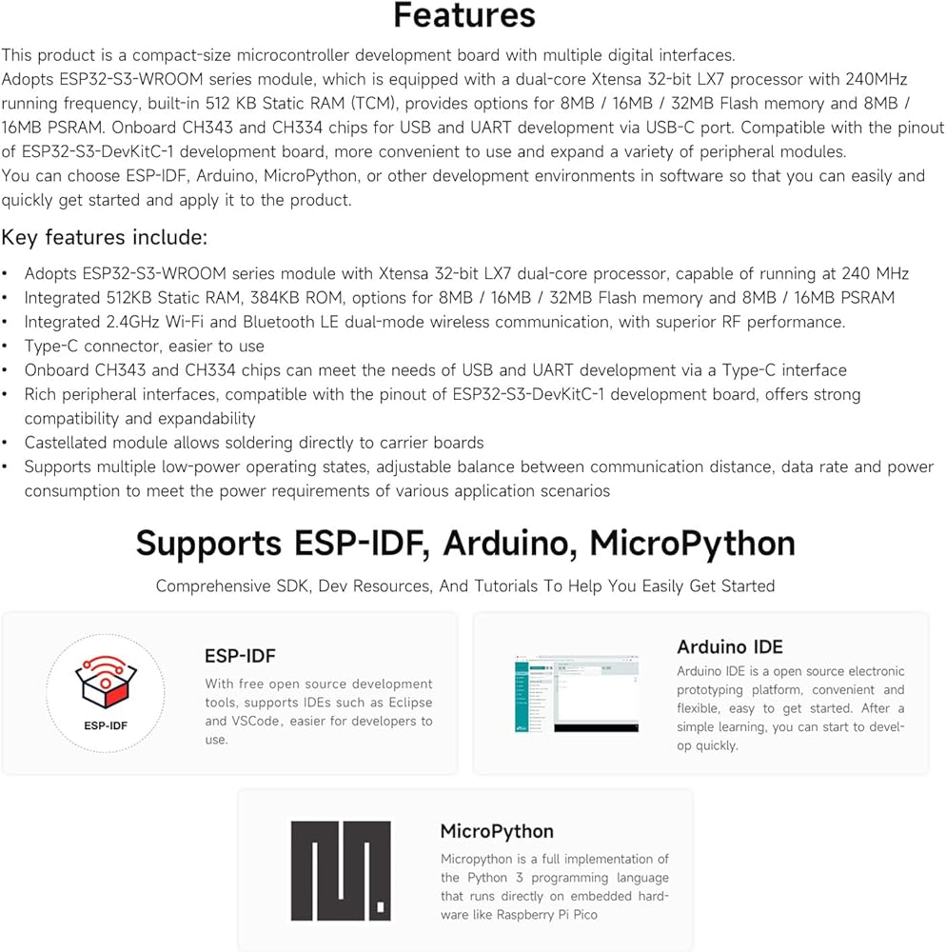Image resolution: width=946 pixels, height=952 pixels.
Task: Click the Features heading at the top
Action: (464, 16)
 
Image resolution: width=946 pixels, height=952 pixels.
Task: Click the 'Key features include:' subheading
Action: (105, 237)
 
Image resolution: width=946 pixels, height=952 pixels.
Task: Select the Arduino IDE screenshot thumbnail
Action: (577, 694)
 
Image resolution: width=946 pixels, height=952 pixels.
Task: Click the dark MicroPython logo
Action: (341, 870)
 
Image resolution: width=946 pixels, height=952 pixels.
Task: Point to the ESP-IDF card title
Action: (240, 656)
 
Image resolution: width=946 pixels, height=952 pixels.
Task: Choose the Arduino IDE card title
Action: (730, 647)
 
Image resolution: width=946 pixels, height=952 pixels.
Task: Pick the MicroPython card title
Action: (497, 831)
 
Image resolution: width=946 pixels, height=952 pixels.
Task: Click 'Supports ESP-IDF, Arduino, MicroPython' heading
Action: (465, 543)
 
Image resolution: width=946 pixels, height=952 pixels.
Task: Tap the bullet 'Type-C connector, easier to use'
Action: (145, 346)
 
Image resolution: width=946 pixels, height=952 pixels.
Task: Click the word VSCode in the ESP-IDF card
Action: (257, 721)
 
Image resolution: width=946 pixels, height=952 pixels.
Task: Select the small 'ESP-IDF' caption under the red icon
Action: (105, 725)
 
